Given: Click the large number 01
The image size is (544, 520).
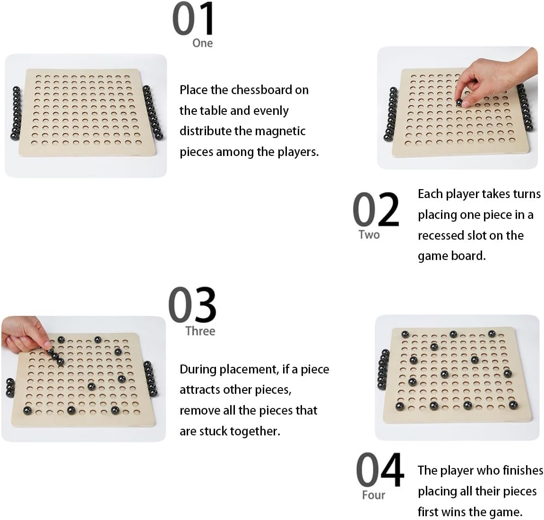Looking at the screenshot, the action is coord(193,19).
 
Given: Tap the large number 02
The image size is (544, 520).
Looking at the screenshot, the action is coord(376,209).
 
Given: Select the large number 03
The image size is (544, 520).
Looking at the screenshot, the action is coord(192,304).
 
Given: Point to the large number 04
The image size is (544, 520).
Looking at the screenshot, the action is coord(380,470).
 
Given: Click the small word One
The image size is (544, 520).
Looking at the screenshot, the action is coord(203,43).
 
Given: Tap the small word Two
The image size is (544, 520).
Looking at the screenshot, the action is coord(369,234).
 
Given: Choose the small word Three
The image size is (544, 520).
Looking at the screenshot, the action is coord(200,331).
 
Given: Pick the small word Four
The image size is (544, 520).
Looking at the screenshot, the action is coord(374,494).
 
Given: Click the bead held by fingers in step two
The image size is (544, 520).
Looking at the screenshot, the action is coord(458,102).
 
